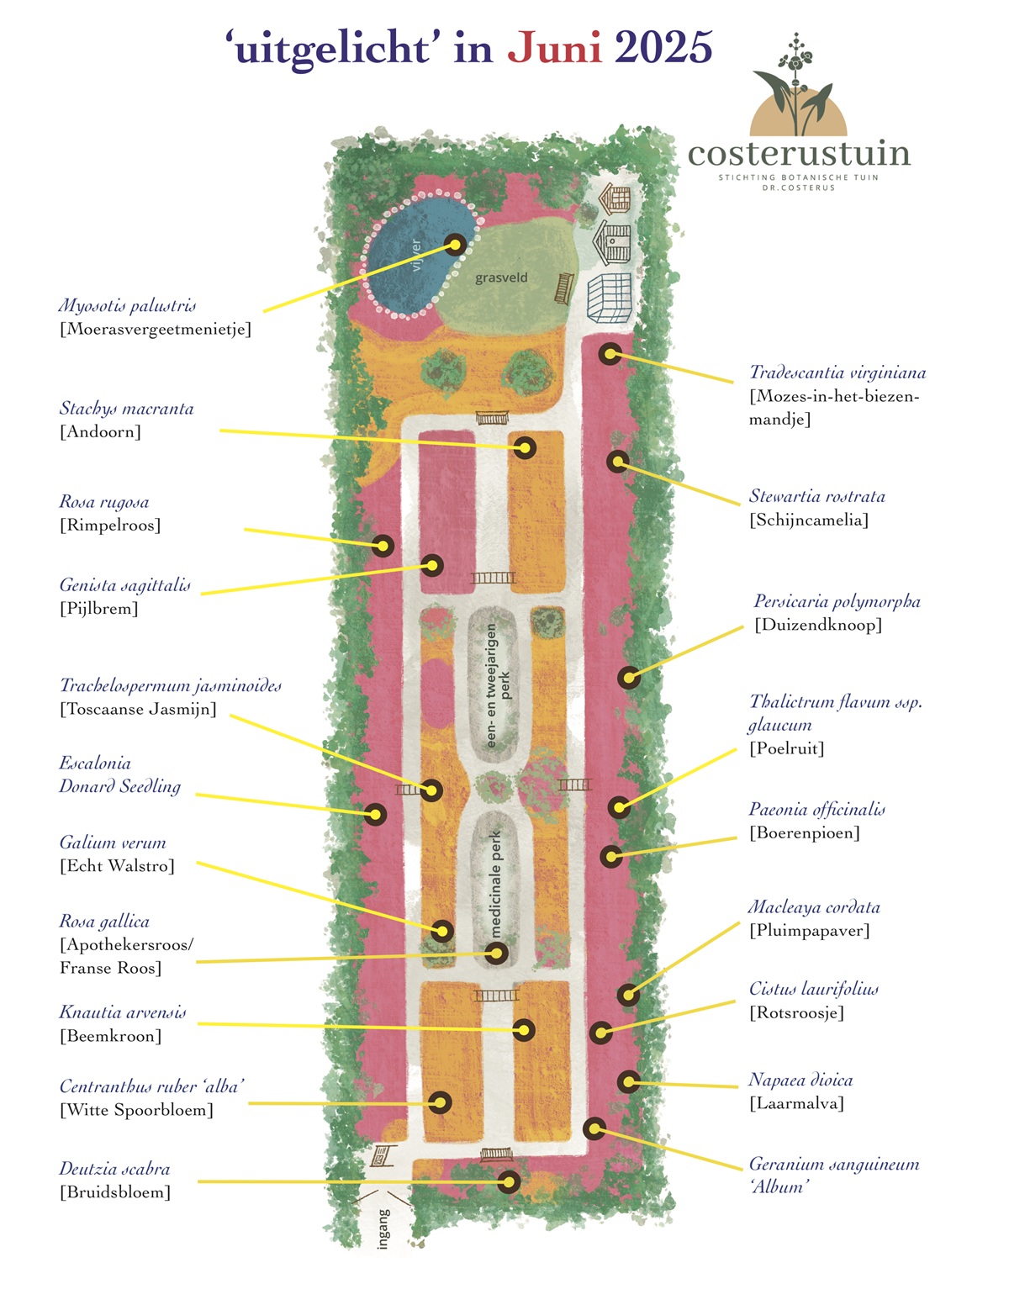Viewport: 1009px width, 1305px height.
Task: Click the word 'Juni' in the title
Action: pyautogui.click(x=555, y=48)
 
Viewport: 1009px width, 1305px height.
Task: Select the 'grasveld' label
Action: pyautogui.click(x=501, y=277)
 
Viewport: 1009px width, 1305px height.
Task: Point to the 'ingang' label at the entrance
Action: pyautogui.click(x=383, y=1228)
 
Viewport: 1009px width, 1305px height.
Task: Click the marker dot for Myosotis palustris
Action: pyautogui.click(x=455, y=245)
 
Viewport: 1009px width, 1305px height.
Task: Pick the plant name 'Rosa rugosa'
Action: pyautogui.click(x=103, y=501)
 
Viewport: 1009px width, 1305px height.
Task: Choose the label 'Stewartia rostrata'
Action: pyautogui.click(x=816, y=496)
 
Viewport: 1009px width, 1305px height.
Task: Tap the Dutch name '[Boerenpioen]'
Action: pyautogui.click(x=804, y=832)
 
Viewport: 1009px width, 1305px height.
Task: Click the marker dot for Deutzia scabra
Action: pyautogui.click(x=509, y=1182)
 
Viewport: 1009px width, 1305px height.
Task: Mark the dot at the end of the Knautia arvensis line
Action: pyautogui.click(x=523, y=1030)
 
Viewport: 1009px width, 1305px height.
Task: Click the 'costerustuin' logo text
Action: pyautogui.click(x=798, y=153)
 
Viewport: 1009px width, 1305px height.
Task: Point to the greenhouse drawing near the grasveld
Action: pyautogui.click(x=610, y=299)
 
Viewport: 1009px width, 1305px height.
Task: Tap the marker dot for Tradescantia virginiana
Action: pyautogui.click(x=610, y=354)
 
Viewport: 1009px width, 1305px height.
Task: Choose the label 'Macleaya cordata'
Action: pyautogui.click(x=814, y=906)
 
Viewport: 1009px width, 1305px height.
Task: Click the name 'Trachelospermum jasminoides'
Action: pyautogui.click(x=171, y=686)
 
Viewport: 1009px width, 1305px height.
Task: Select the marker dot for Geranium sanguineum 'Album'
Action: pyautogui.click(x=594, y=1128)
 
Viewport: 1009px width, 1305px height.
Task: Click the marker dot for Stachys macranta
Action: pyautogui.click(x=525, y=447)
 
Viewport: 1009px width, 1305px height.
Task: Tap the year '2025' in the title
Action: pyautogui.click(x=663, y=48)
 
